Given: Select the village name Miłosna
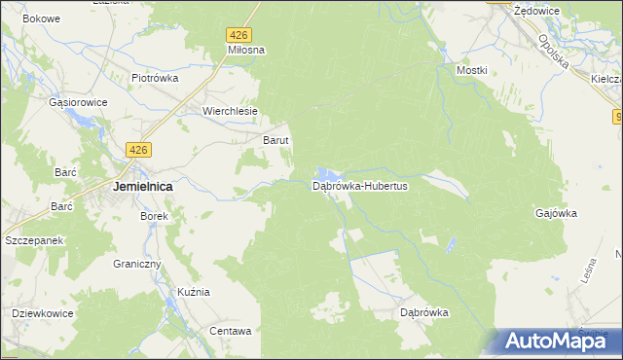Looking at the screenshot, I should (246, 49).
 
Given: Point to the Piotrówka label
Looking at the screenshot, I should (155, 79).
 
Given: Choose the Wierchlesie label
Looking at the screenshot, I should (230, 111).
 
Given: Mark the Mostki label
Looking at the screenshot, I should (471, 71).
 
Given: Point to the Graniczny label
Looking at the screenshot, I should (136, 264).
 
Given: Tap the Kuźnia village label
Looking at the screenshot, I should (195, 293).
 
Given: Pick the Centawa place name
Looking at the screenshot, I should (231, 331).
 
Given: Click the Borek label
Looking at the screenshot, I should (155, 216).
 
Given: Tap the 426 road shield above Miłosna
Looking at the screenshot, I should (240, 34).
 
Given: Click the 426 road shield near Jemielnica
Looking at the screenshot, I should (139, 149).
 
